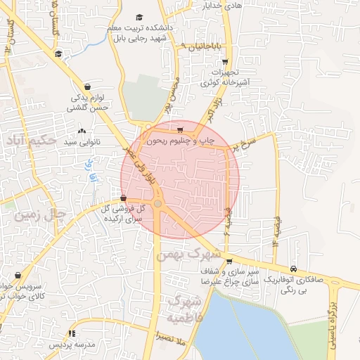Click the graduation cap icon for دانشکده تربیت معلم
pos(139,17)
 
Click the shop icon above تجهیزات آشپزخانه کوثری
pos(225,62)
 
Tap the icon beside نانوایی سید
pos(82,131)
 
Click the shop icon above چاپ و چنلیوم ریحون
pos(181,129)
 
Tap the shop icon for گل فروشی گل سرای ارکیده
pos(124,198)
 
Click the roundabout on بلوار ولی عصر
pos(158,204)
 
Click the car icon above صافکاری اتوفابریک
pos(293,269)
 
